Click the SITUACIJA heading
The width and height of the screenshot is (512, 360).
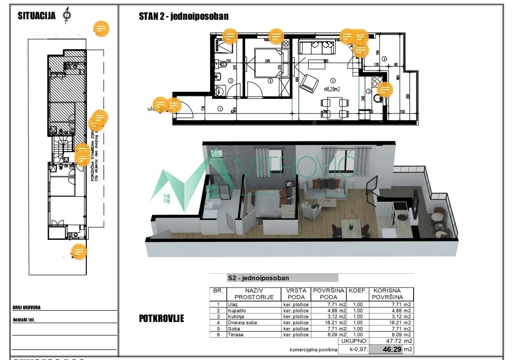[37, 15]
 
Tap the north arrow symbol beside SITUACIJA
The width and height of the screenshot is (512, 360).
[66, 15]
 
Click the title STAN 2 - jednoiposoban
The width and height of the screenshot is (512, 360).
[183, 16]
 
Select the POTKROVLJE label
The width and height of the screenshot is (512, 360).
[161, 319]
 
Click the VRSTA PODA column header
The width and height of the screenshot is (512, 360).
[295, 294]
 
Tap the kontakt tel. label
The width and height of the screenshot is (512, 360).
[26, 319]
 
